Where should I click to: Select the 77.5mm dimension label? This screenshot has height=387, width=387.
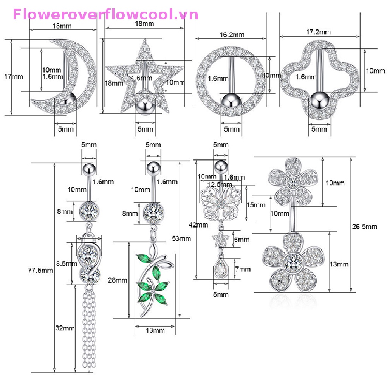pyautogui.click(x=40, y=270)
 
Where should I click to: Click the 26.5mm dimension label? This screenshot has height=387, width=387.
pyautogui.click(x=367, y=227)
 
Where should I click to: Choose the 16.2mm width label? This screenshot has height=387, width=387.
pyautogui.click(x=232, y=35)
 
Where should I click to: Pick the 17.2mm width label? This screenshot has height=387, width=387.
pyautogui.click(x=318, y=33)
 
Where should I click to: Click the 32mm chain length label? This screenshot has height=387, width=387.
pyautogui.click(x=64, y=328)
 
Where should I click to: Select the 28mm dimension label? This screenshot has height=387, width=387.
pyautogui.click(x=118, y=280)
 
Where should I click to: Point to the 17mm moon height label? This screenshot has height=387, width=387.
pyautogui.click(x=13, y=76)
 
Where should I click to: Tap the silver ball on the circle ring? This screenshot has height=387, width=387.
pyautogui.click(x=231, y=102)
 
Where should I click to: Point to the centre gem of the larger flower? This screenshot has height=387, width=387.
pyautogui.click(x=293, y=263)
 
